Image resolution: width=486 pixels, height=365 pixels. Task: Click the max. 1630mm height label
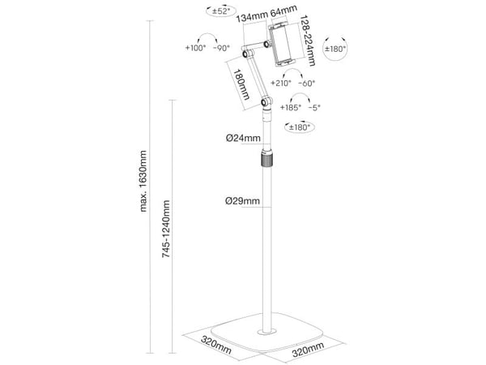(143, 181)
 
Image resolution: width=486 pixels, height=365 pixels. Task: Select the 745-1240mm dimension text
(166, 229)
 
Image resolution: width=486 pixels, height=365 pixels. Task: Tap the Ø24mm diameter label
(243, 138)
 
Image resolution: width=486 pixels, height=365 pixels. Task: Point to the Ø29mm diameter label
(242, 201)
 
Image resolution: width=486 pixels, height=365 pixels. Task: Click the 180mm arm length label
(241, 84)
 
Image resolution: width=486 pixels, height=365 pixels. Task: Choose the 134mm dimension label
(251, 16)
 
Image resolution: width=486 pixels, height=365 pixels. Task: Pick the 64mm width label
(283, 11)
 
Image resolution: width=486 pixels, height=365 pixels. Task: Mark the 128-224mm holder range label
(308, 41)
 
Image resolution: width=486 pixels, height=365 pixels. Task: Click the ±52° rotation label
(221, 11)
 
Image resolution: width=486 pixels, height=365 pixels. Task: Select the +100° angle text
(195, 48)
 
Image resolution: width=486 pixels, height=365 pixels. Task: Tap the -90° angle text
(222, 48)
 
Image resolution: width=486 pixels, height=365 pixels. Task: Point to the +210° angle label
(281, 84)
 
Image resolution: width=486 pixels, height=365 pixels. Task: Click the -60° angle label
(306, 84)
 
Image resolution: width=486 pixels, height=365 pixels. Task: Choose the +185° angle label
(291, 108)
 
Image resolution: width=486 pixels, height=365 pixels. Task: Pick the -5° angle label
(314, 108)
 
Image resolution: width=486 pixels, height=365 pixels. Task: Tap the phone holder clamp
(283, 44)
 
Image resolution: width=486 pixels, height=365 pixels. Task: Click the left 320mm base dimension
(216, 345)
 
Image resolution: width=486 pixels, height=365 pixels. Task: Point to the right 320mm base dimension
(308, 349)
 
